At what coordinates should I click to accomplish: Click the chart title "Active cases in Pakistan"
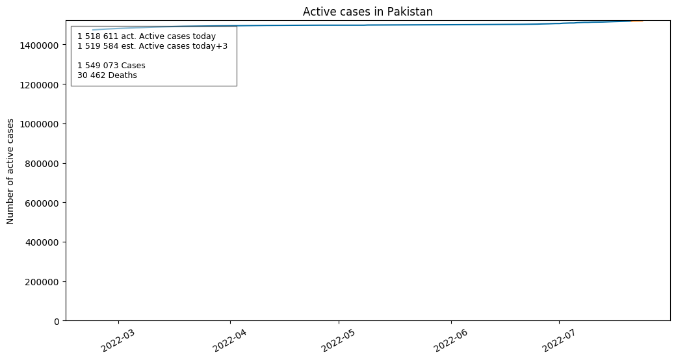pos(367,12)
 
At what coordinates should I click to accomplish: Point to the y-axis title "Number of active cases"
pos(10,171)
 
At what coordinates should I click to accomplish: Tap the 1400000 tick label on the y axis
pos(39,45)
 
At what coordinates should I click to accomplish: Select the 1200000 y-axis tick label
pos(39,85)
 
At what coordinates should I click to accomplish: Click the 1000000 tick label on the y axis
pos(39,124)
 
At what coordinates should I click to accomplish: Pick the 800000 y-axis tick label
pos(42,164)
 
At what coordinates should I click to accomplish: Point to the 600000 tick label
pos(42,203)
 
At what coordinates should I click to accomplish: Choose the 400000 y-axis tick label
pos(42,243)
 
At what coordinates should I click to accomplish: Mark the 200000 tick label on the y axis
pos(42,282)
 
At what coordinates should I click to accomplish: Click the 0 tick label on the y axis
pos(57,322)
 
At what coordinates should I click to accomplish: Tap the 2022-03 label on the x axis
pos(118,340)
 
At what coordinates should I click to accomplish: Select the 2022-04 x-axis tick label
pos(230,340)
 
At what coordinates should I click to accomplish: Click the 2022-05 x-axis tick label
pos(338,340)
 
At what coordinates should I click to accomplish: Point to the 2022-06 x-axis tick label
pos(450,340)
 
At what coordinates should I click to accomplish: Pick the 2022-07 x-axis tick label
pos(558,340)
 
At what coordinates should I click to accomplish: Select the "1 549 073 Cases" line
pos(111,66)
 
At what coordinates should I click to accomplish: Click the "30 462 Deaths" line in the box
pos(107,75)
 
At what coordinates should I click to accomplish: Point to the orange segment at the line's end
pos(637,21)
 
